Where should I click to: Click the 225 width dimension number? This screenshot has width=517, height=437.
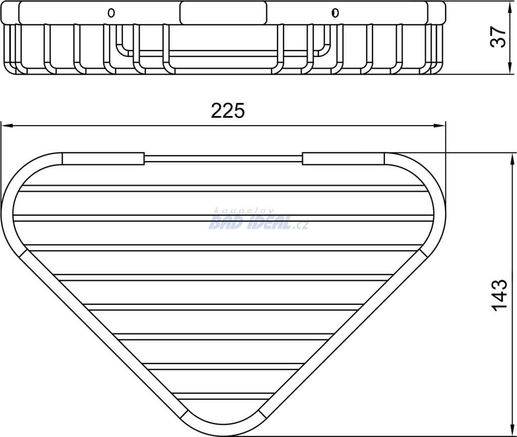click(228, 111)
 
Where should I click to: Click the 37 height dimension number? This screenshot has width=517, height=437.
click(498, 37)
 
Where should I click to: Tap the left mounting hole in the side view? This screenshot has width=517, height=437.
click(112, 13)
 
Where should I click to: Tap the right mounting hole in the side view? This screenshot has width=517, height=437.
click(335, 13)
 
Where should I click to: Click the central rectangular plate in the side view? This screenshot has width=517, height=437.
click(224, 13)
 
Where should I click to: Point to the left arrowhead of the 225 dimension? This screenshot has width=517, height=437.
click(7, 126)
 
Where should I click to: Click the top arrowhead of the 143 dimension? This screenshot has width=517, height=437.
click(513, 158)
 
